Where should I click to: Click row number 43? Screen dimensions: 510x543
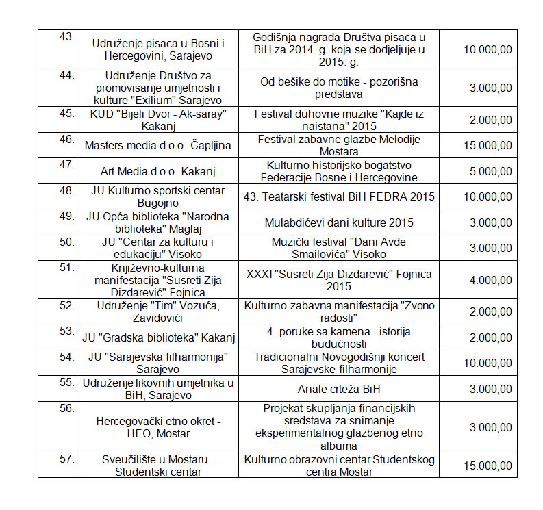66,37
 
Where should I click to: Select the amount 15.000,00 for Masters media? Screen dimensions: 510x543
488,146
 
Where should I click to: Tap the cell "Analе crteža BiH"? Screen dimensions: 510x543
339,390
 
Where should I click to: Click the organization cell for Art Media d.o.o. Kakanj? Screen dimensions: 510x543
159,171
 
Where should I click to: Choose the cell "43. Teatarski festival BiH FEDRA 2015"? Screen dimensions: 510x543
339,197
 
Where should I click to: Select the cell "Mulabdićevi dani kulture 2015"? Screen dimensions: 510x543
339,222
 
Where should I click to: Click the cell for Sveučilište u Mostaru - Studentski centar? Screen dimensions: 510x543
159,466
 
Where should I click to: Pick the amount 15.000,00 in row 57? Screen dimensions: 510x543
488,466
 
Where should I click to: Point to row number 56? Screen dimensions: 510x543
66,409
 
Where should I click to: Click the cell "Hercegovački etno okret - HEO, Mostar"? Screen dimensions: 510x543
159,427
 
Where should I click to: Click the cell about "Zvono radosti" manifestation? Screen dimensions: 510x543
339,311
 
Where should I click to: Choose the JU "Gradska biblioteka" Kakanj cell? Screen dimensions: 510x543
159,337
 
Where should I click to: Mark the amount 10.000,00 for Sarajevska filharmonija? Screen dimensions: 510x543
488,363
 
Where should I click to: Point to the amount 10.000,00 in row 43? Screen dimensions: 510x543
488,49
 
